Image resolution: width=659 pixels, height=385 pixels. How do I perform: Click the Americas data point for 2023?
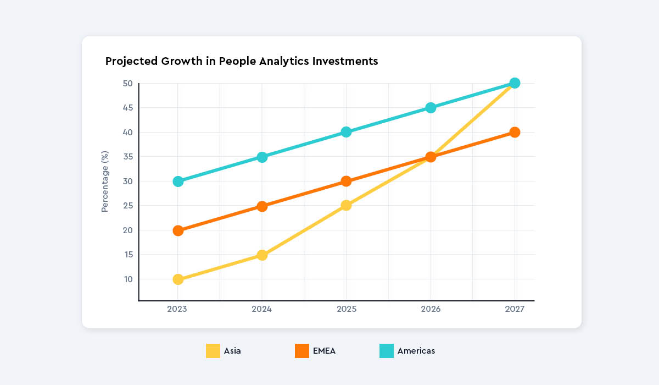(178, 182)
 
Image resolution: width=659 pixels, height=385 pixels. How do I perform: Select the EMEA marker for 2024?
(262, 206)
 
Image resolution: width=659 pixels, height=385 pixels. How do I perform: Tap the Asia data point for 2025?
(346, 206)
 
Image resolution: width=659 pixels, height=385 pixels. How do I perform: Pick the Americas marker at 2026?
(431, 108)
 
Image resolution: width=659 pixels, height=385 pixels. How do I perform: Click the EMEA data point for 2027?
(515, 132)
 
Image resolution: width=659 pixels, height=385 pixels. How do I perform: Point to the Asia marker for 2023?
(178, 279)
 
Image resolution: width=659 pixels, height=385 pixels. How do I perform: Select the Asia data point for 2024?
(262, 255)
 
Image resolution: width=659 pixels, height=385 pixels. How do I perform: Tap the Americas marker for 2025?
(346, 132)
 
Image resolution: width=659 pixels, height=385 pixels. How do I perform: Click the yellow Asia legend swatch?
(213, 351)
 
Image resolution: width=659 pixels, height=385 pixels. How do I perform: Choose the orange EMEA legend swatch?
(302, 351)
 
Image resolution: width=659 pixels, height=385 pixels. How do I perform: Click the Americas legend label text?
(416, 351)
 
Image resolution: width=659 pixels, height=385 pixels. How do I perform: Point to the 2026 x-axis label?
(431, 310)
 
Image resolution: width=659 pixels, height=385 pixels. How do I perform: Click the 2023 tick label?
(177, 310)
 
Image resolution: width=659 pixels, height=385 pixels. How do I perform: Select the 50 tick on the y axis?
(128, 84)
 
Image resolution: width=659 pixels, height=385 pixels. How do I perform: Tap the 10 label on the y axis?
(128, 279)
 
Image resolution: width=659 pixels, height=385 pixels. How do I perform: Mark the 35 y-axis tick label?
(128, 157)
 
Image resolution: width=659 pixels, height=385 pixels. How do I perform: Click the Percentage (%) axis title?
(105, 182)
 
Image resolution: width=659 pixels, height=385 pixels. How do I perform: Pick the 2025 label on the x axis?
(347, 310)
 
